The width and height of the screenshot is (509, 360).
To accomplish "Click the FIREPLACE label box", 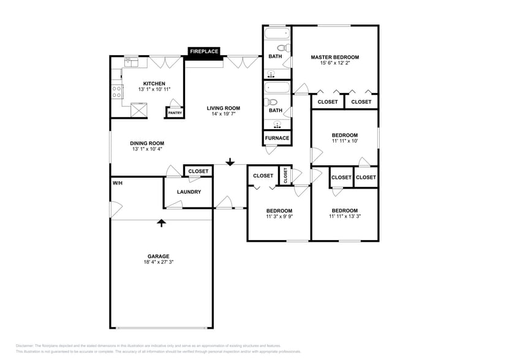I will click(x=204, y=52).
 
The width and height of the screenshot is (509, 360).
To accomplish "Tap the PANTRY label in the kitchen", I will click(x=175, y=113).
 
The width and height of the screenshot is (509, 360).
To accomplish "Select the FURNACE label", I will click(x=277, y=138).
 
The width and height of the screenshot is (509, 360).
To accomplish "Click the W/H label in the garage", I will click(x=116, y=183).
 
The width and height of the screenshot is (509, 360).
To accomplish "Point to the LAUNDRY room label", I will click(x=189, y=192).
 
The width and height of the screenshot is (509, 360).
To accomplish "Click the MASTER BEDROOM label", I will click(x=334, y=57).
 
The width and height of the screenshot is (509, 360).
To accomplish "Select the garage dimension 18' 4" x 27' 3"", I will click(x=158, y=263).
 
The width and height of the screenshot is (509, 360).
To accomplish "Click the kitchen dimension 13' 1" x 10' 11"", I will click(x=154, y=89).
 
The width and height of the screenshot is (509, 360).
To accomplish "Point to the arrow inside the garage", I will click(x=162, y=223).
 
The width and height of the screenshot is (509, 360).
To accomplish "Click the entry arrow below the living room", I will click(x=230, y=162).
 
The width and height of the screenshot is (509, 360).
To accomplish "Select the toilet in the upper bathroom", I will click(x=282, y=48).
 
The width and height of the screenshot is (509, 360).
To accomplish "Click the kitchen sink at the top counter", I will click(x=133, y=61).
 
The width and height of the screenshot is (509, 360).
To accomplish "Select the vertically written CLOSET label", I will click(x=285, y=175).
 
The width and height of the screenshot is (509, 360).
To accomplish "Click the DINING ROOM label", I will click(x=147, y=143).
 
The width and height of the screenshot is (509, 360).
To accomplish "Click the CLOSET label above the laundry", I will click(x=198, y=171).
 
